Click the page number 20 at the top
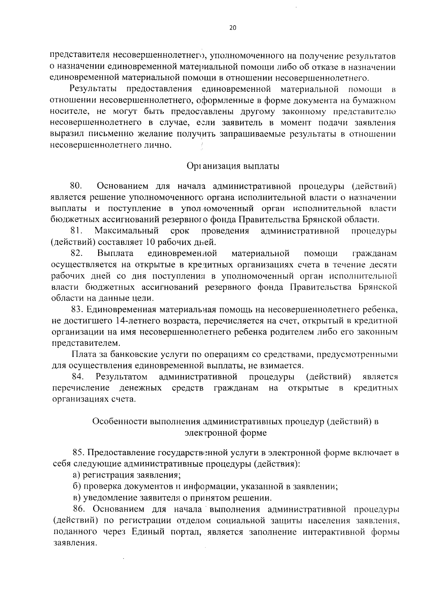pos(232,29)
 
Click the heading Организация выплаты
pos(233,166)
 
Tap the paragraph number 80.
pos(76,186)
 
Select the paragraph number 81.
pos(76,231)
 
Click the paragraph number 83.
pos(78,310)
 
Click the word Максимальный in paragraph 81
pos(127,231)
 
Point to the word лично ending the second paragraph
pos(159,145)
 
